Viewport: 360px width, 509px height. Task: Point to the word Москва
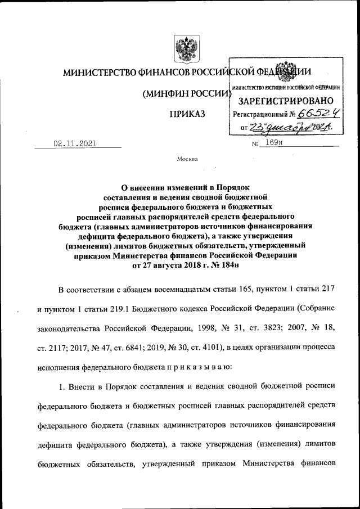click(x=187, y=159)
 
